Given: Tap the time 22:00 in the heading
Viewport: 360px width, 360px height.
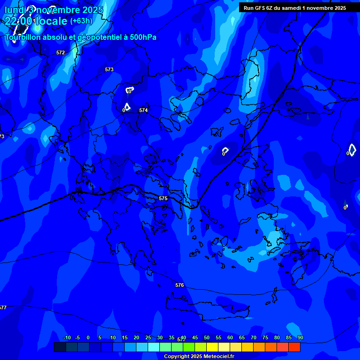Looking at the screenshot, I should pos(19,21).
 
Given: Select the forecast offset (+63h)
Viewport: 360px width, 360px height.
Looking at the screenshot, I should pos(81,21).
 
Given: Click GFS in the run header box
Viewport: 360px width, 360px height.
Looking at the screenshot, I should pos(259,8).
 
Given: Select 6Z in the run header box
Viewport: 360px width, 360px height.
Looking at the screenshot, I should pos(270,8).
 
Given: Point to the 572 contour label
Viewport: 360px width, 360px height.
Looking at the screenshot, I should pos(60,52).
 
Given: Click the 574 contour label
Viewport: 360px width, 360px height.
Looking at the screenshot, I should pos(143,110).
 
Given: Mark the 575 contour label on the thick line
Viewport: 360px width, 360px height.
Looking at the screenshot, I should pos(163,198).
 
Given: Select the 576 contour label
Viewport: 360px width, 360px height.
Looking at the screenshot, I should pos(180,285).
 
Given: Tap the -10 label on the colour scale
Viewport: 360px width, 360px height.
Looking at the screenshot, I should pos(67,337).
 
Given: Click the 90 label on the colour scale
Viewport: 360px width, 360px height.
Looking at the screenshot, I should pos(300,337).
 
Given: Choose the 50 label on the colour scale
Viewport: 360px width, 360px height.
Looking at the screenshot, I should pos(207,337).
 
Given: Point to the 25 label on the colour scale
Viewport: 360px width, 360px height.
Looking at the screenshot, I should pos(148,337).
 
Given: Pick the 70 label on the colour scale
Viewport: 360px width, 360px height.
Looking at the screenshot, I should pos(254,337).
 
